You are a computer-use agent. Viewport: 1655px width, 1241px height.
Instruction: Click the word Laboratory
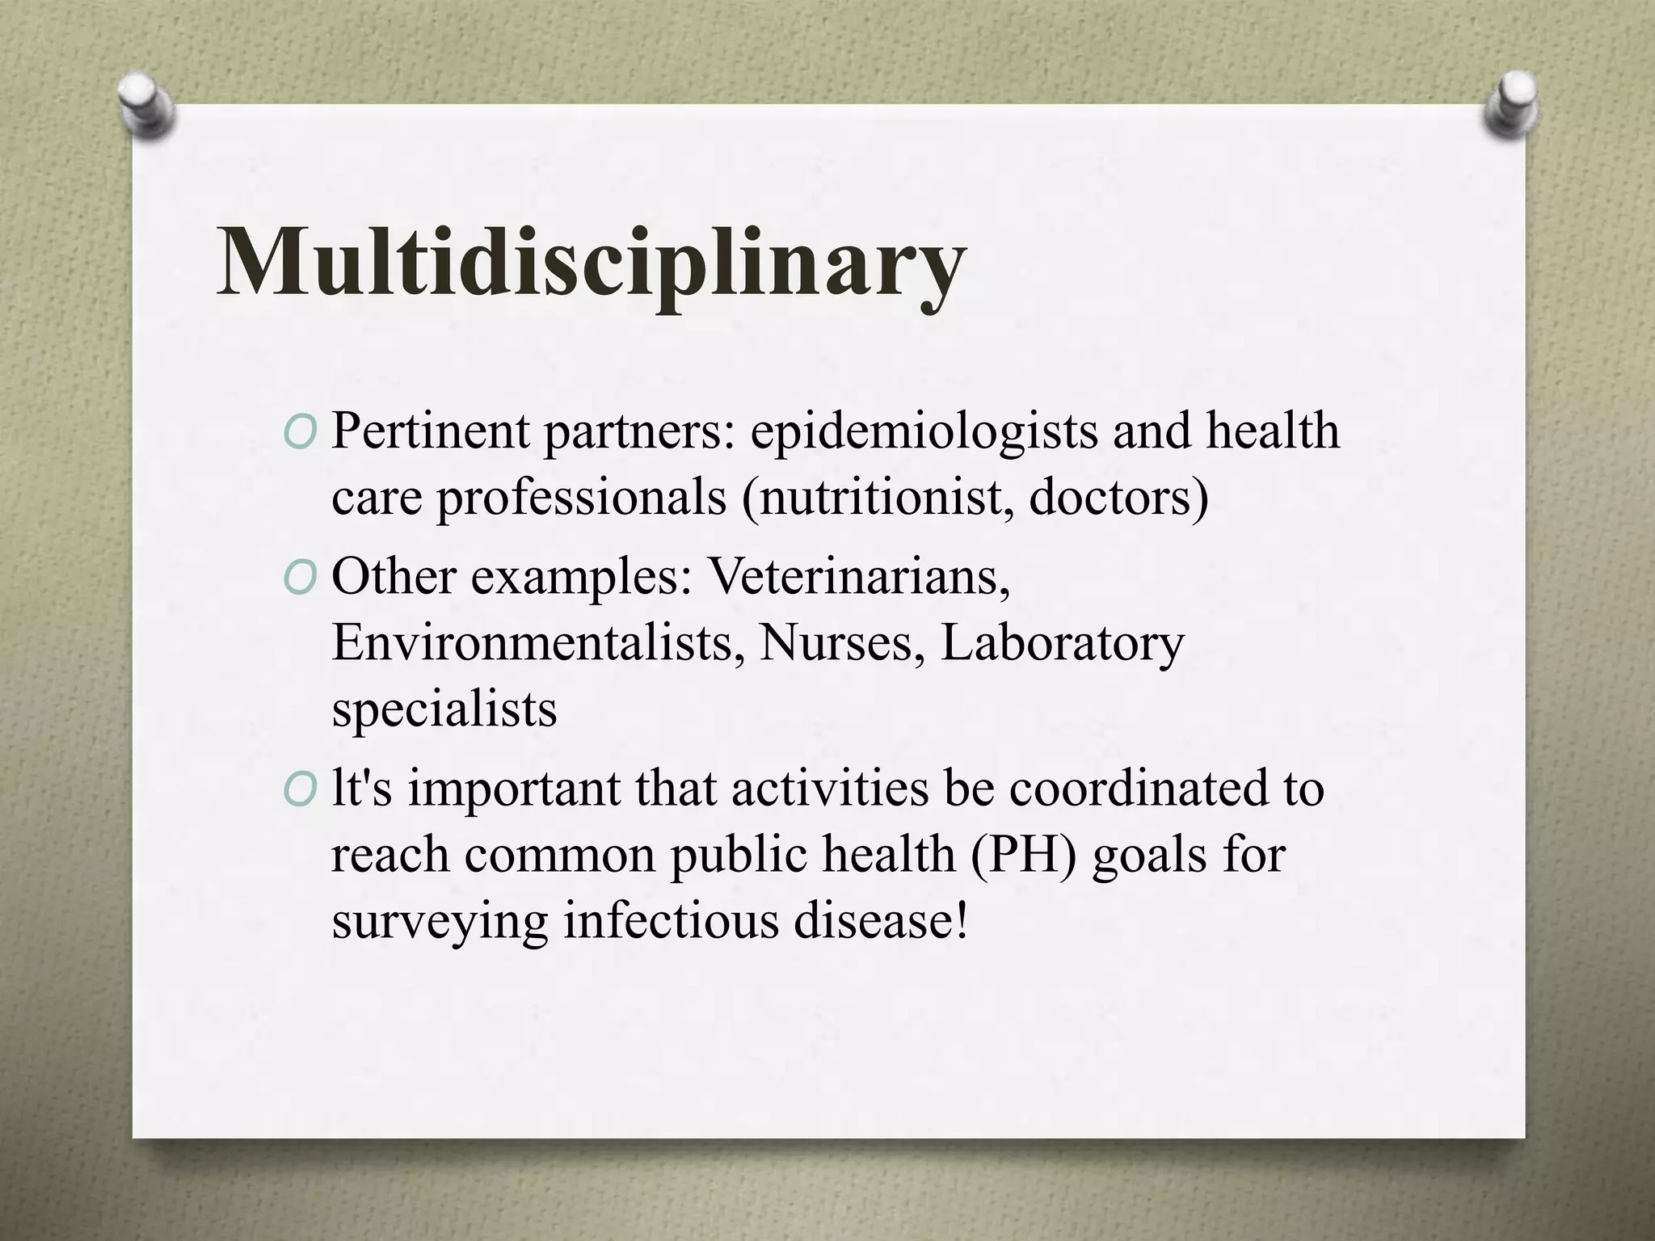(1063, 644)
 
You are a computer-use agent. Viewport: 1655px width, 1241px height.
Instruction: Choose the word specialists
(444, 709)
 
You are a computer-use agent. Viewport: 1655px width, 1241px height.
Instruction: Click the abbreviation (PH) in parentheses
(1024, 855)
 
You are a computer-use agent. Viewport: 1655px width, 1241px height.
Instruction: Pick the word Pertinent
(431, 431)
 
